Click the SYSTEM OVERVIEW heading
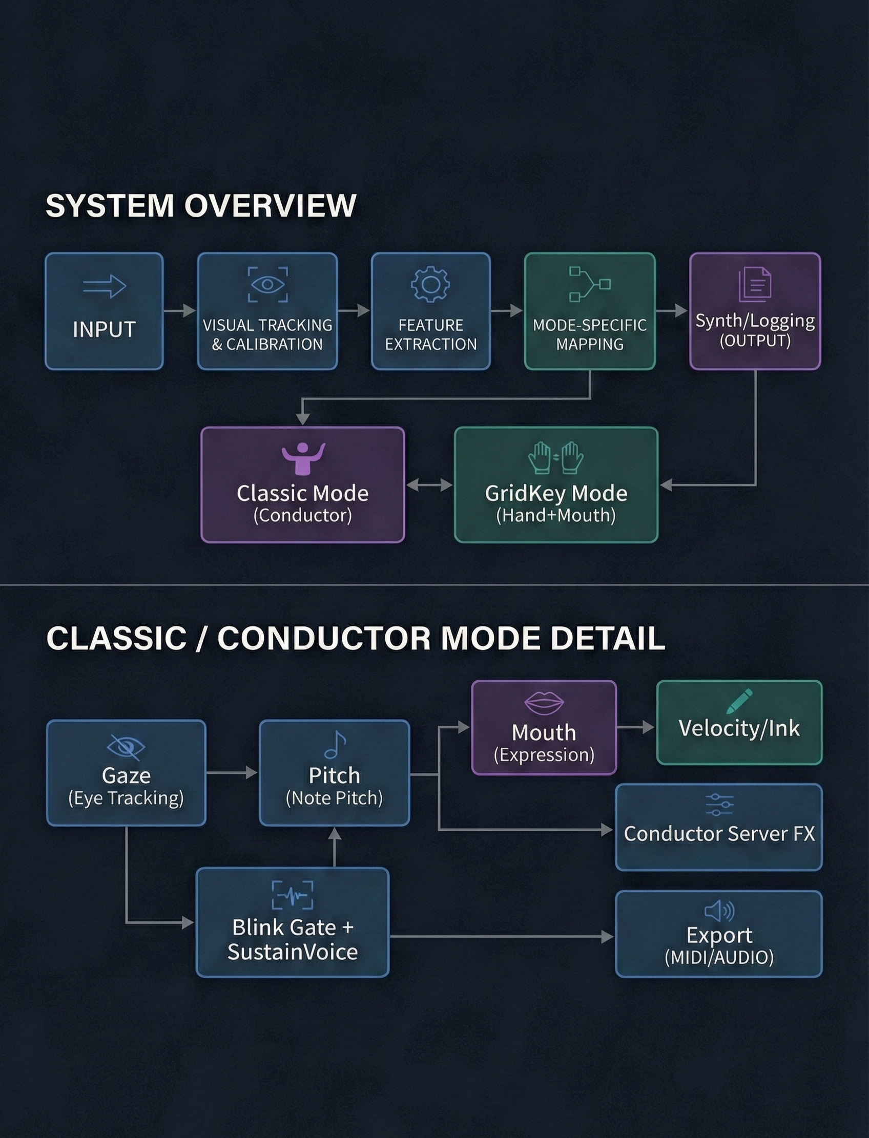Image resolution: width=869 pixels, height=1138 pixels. [x=201, y=206]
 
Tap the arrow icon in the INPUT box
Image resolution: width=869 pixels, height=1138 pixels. [x=105, y=286]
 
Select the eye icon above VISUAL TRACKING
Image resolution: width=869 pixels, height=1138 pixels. [x=267, y=284]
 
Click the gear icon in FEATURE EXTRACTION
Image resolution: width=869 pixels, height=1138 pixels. [x=430, y=284]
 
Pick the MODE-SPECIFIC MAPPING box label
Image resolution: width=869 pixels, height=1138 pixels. [x=590, y=334]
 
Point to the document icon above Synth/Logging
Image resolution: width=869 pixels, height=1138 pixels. [x=755, y=284]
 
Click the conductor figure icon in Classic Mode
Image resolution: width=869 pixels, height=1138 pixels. [x=303, y=457]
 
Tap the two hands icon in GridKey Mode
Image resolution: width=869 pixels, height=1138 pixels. [x=556, y=457]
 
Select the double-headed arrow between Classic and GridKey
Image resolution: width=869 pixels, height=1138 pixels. [x=429, y=485]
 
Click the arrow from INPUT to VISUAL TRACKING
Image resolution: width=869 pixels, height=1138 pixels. [x=180, y=311]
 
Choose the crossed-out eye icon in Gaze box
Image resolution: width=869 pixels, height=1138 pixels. [x=126, y=747]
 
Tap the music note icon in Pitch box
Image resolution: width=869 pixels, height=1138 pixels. [x=335, y=745]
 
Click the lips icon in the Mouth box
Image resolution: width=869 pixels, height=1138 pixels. [x=544, y=703]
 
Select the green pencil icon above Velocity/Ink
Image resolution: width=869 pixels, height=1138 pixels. [x=739, y=701]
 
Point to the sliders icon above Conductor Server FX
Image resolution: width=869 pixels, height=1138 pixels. [x=719, y=805]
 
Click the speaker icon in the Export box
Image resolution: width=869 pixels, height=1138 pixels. [x=719, y=911]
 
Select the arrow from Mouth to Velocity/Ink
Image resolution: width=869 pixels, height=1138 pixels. [x=636, y=727]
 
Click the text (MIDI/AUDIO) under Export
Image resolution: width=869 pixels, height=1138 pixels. [x=719, y=957]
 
